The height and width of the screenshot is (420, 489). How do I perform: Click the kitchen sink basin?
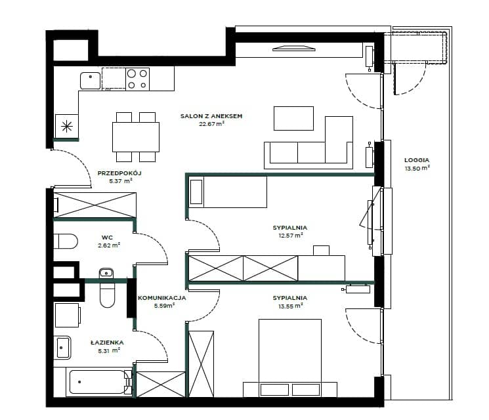tap(91, 81)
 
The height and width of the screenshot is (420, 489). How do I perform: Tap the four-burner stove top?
tap(138, 79)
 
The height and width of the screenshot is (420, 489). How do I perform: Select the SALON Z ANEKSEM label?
tap(211, 116)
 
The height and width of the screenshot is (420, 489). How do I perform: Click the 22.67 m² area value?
tap(212, 124)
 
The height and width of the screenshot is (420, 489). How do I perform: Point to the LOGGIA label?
tap(417, 160)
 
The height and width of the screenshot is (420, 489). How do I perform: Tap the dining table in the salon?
tap(136, 137)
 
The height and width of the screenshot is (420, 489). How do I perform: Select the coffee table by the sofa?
tap(293, 118)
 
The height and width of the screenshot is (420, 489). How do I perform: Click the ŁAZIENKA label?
tap(107, 343)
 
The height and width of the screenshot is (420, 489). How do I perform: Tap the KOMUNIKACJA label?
tap(162, 298)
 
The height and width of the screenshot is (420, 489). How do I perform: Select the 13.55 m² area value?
tap(290, 306)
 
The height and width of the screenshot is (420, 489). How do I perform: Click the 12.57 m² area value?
tap(290, 236)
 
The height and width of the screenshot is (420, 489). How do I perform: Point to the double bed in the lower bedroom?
tap(290, 358)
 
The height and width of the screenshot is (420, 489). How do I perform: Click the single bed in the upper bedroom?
tap(228, 192)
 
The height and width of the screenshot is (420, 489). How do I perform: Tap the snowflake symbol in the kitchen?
tap(67, 126)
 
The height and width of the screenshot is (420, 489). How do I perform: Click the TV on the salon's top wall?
tap(294, 49)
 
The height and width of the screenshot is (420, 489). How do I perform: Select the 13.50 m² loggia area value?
tap(417, 169)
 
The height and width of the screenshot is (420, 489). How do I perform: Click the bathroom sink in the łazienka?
tap(62, 347)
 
